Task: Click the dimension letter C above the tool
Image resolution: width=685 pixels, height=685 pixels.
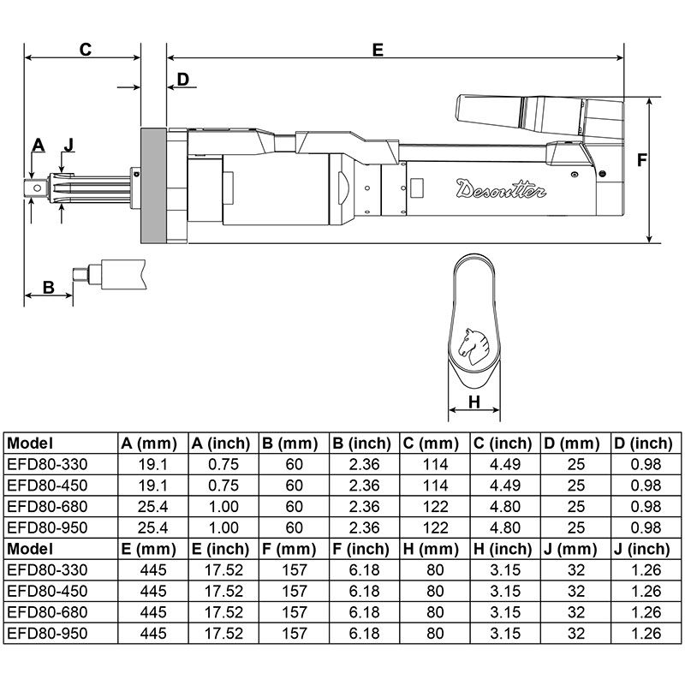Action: (x=85, y=49)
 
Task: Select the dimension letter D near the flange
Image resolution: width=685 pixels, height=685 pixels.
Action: (x=182, y=80)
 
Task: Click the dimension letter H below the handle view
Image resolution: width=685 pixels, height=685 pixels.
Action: (x=474, y=403)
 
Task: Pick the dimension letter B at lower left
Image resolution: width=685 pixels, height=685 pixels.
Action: (x=48, y=287)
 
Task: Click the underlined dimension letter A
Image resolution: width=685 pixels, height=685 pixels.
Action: (x=37, y=144)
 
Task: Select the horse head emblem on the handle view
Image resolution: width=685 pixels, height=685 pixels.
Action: (x=474, y=343)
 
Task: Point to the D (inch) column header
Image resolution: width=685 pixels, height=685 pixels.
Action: (x=642, y=444)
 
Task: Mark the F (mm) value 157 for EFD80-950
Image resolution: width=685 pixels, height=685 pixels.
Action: (x=294, y=632)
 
